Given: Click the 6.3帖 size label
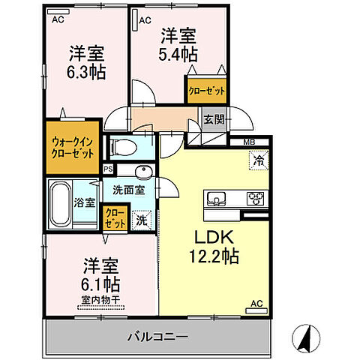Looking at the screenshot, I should pyautogui.click(x=88, y=72).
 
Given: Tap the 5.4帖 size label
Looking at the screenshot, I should pyautogui.click(x=178, y=54).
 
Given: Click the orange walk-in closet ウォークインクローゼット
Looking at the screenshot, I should pyautogui.click(x=73, y=146).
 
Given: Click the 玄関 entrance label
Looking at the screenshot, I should pyautogui.click(x=212, y=118).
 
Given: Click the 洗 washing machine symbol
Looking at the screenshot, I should pyautogui.click(x=139, y=220).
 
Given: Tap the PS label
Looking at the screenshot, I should pyautogui.click(x=108, y=169).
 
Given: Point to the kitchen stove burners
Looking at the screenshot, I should pyautogui.click(x=256, y=199).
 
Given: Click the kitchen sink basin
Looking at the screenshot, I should pyautogui.click(x=217, y=199).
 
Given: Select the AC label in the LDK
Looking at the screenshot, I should pyautogui.click(x=256, y=304).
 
